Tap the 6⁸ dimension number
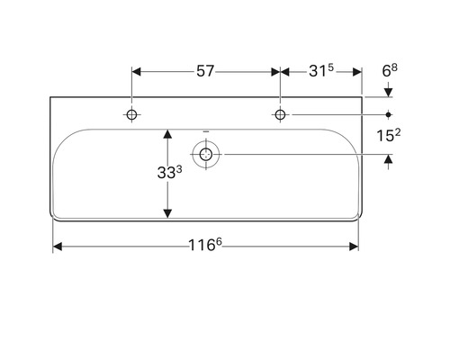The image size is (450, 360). (x=389, y=69)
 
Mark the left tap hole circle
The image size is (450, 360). (x=132, y=114)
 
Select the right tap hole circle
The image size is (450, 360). (x=281, y=114)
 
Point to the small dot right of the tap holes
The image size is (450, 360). (x=389, y=114)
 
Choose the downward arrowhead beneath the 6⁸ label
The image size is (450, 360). (x=389, y=92)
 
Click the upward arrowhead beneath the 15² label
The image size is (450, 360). (x=389, y=160)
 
